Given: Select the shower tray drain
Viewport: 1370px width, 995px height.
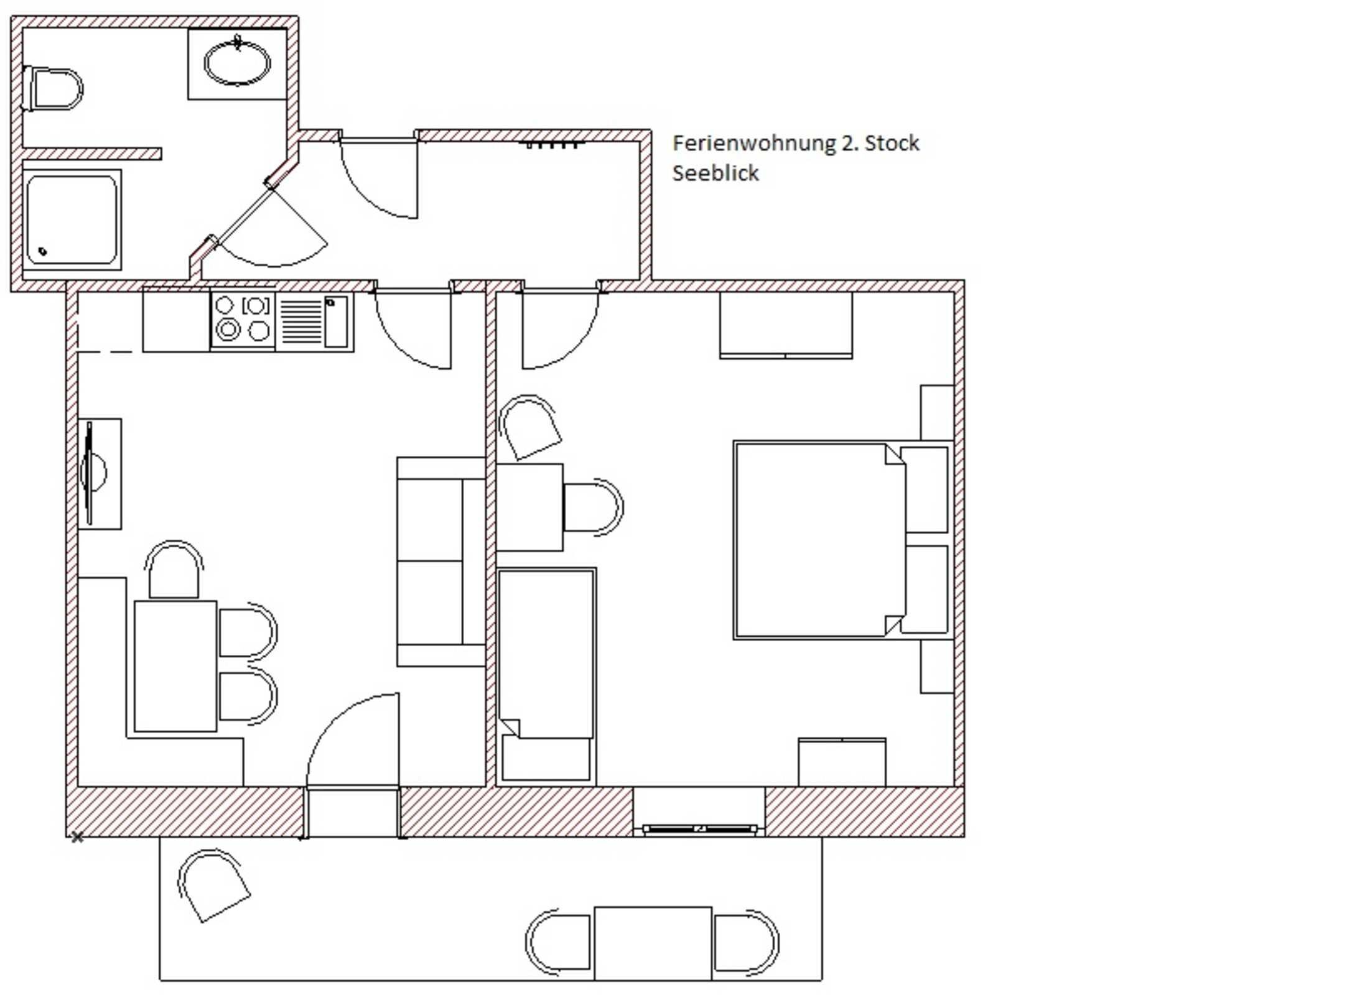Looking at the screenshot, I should point(43,251).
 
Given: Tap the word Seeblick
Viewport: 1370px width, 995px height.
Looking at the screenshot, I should point(715,174).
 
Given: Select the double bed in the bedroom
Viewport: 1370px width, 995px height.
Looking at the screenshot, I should point(815,540).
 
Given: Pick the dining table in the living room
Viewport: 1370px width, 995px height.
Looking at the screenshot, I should point(175,665).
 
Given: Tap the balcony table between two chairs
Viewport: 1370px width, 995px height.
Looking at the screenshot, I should point(652,943).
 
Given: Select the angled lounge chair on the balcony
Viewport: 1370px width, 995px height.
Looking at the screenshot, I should point(212,886).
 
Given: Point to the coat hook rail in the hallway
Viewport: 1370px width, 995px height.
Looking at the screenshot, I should point(552,145).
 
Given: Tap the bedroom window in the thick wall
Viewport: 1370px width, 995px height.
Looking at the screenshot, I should point(699,828).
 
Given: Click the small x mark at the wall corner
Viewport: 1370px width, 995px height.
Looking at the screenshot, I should point(77,838).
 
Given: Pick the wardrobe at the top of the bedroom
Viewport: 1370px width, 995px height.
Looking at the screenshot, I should point(785,325).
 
